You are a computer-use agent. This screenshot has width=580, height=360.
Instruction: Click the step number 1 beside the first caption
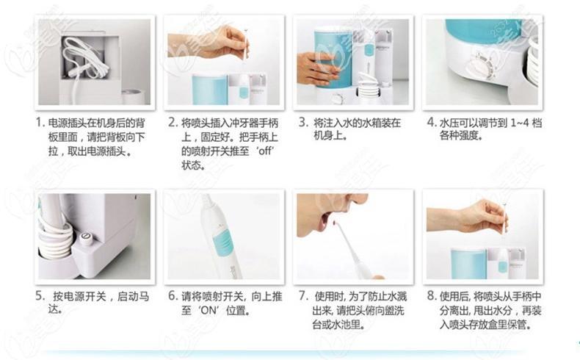coord(39,122)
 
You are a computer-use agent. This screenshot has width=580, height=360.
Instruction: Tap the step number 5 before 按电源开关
coord(40,296)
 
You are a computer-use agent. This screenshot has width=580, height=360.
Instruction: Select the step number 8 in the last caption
coord(431,296)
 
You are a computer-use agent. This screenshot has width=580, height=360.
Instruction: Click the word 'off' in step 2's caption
coord(265,151)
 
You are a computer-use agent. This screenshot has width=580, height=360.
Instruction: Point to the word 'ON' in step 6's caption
coord(209,311)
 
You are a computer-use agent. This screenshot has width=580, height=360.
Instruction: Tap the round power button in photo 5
coord(86,238)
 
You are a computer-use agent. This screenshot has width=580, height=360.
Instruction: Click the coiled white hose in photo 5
coord(56,237)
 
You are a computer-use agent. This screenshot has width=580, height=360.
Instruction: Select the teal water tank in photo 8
coord(468,264)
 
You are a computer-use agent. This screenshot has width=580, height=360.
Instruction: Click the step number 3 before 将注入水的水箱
coord(302,122)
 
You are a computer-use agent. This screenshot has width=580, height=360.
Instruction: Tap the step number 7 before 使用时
coord(302,296)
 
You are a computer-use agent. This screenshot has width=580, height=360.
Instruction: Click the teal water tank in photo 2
coord(209,90)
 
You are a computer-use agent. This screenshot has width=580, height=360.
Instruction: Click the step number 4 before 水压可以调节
coord(431,122)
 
